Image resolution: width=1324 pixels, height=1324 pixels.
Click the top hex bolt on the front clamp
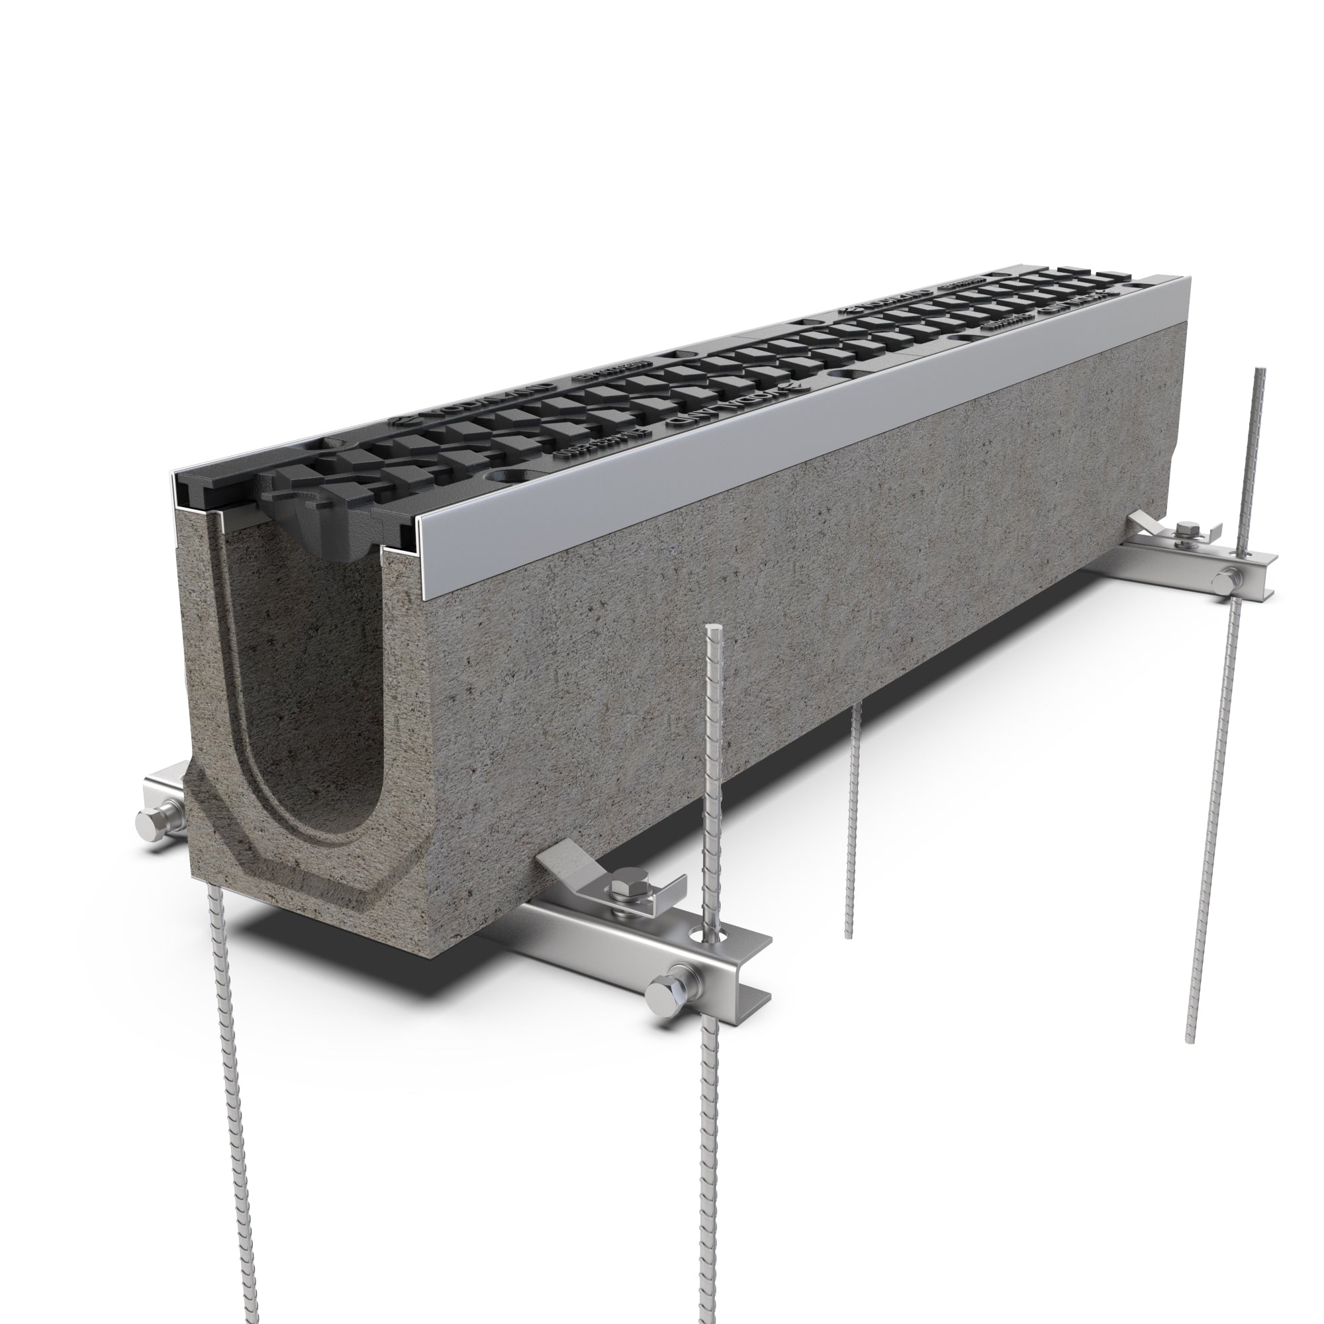(627, 892)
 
